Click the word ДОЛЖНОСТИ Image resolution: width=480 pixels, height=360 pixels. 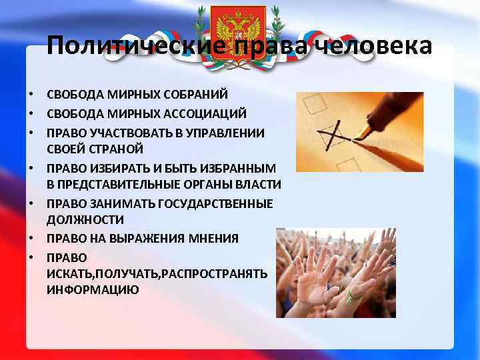[85, 219]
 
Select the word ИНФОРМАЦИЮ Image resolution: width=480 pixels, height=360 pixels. [93, 290]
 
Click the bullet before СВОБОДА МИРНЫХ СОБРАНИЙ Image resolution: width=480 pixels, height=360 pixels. [31, 95]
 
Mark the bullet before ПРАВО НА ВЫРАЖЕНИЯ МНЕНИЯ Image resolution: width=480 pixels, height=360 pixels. [31, 238]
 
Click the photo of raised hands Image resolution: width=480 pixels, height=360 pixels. [336, 273]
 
